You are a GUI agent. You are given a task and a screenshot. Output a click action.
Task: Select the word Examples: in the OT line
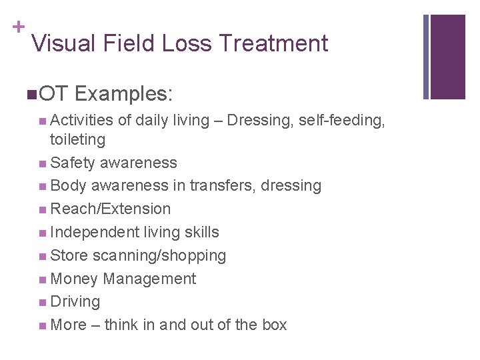click(124, 94)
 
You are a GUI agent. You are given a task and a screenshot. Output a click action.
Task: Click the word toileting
click(77, 139)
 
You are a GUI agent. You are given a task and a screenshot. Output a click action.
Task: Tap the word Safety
click(73, 163)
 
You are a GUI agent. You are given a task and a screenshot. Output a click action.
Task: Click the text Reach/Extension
click(111, 209)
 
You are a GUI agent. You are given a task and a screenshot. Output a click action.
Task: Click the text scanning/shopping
click(159, 255)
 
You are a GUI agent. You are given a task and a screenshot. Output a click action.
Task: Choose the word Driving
click(75, 301)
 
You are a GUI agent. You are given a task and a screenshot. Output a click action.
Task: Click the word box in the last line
click(273, 325)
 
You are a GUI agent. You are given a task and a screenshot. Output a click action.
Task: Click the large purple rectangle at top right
click(447, 56)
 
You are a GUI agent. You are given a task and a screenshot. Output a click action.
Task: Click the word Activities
click(82, 121)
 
